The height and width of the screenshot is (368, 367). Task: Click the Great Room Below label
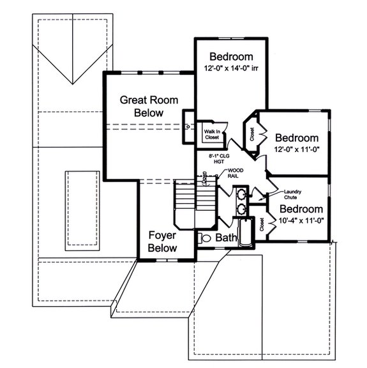pyautogui.click(x=149, y=106)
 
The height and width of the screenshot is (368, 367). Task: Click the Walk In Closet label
pyautogui.click(x=212, y=134)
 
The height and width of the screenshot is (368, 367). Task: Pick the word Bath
pyautogui.click(x=226, y=238)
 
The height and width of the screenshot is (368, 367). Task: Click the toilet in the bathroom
pyautogui.click(x=205, y=238)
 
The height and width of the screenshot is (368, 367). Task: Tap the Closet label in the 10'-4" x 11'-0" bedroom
pyautogui.click(x=263, y=224)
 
